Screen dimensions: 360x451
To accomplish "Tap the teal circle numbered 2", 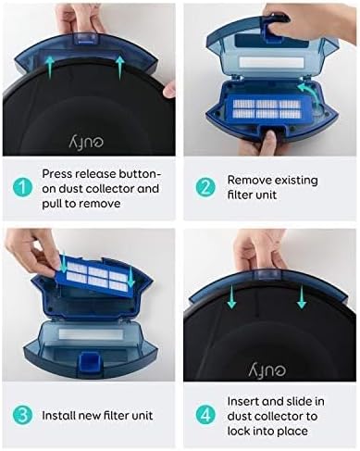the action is [x=205, y=188].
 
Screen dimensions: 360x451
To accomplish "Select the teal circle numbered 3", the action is [x=22, y=416].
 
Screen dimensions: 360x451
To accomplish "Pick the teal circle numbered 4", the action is [x=205, y=415].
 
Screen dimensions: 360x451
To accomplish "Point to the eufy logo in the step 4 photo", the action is [x=267, y=369].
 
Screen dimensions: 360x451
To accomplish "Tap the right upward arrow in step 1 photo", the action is [x=120, y=68].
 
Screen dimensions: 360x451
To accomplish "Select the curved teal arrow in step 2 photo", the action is [x=308, y=94].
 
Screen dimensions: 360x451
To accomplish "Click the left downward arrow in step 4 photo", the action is [x=231, y=296].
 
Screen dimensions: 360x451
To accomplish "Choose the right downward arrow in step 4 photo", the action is [x=302, y=296].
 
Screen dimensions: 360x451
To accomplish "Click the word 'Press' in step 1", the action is [x=57, y=174].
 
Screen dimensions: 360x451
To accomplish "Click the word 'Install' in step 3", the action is [x=58, y=416].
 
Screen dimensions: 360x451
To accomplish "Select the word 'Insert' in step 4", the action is [x=243, y=401].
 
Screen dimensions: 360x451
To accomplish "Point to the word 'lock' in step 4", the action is [x=239, y=431].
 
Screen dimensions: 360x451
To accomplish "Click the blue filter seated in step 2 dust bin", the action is [x=266, y=108].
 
